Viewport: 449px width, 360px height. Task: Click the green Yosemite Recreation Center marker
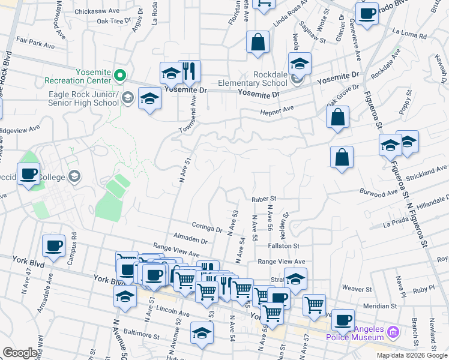(x=119, y=76)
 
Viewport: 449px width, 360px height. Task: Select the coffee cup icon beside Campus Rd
(x=53, y=245)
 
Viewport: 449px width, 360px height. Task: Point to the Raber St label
(x=264, y=198)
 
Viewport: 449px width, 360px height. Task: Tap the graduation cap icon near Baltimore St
(x=201, y=333)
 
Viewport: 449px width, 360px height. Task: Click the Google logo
(x=20, y=353)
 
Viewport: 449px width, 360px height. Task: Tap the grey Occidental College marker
(x=74, y=176)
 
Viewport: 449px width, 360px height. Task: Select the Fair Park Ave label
(x=35, y=43)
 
